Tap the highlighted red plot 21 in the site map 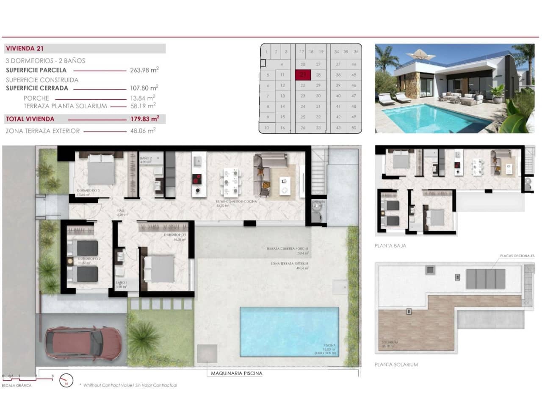[303, 75]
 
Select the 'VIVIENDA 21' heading [25, 49]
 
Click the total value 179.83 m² [144, 119]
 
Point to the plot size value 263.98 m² [144, 70]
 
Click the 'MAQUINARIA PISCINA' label [236, 373]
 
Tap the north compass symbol [66, 381]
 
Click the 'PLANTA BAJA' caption [390, 246]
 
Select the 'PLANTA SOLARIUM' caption [396, 365]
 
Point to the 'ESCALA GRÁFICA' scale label [17, 385]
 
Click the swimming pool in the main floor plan [289, 331]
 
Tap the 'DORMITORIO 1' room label [175, 235]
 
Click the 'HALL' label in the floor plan [121, 210]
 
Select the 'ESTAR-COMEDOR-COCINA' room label [236, 201]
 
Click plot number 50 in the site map [354, 128]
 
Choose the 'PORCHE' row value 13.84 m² [142, 98]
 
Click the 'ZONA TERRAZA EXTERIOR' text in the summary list [43, 131]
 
